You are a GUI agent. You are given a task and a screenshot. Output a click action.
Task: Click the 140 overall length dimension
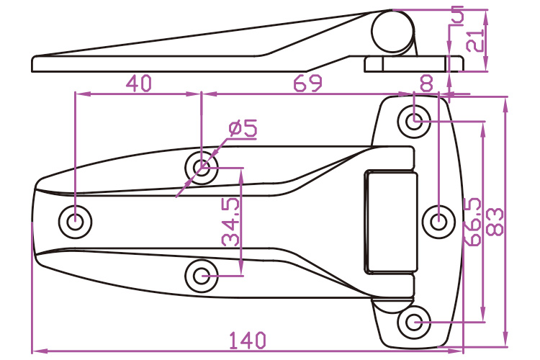point(249,339)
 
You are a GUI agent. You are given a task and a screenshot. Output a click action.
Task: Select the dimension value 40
point(138,84)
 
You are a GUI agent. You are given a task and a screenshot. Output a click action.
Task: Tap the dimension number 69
point(307,84)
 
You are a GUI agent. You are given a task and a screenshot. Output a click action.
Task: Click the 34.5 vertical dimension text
point(231,222)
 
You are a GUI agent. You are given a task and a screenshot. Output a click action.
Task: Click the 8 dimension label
point(426,84)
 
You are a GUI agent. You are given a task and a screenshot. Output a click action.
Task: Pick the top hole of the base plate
point(415,121)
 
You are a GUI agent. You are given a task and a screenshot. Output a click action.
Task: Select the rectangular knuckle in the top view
point(390,221)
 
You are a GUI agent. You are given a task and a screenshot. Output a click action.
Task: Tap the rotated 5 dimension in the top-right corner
point(456,13)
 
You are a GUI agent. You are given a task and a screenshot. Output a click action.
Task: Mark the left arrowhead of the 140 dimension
point(37,351)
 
